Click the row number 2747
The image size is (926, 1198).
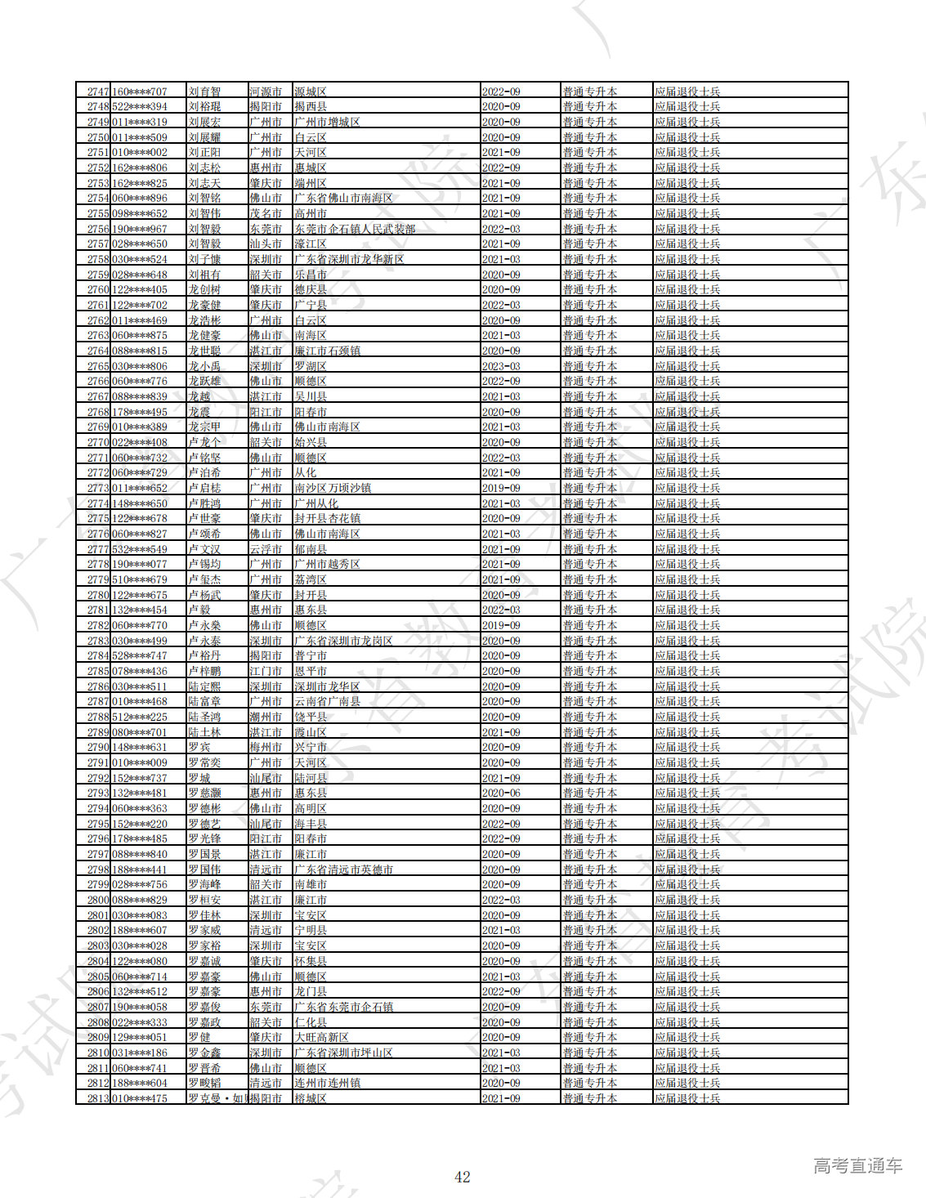98,92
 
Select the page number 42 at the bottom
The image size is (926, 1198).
463,1177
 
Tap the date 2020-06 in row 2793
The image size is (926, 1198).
501,793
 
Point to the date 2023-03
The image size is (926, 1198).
501,366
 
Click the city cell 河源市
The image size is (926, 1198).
266,92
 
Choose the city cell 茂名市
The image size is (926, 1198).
266,214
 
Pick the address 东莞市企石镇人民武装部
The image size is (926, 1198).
355,229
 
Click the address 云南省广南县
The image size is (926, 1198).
327,702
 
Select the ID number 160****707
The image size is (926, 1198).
140,92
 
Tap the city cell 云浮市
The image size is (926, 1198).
266,549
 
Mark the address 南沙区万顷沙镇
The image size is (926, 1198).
333,489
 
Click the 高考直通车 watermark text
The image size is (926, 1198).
857,1165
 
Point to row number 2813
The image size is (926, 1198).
98,1098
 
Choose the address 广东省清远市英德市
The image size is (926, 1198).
343,869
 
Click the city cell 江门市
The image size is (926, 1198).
266,671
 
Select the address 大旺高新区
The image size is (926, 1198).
321,1038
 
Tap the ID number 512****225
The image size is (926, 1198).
140,717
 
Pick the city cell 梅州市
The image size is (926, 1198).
266,748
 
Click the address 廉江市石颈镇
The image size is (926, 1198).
327,351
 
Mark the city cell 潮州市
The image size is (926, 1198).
266,717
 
